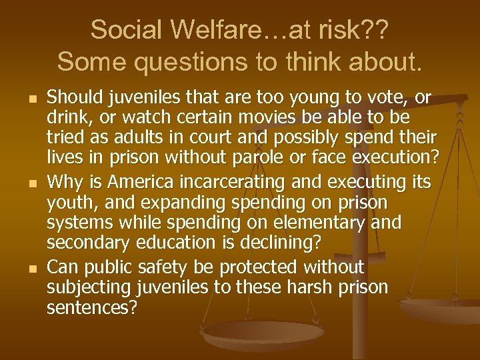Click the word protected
(x=257, y=267)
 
